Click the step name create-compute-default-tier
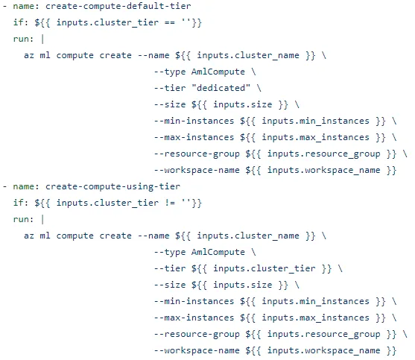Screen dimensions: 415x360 (118, 6)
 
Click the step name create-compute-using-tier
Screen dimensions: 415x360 (113, 186)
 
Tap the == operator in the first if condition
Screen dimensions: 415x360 (170, 23)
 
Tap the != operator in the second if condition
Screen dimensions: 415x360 (170, 203)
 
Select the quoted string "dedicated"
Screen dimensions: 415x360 (221, 88)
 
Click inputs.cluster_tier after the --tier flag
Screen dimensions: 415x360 (264, 268)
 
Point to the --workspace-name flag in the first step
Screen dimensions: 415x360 (197, 170)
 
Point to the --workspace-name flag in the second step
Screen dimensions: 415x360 (197, 350)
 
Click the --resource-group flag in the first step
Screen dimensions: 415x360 (197, 154)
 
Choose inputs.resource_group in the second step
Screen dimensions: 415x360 (323, 335)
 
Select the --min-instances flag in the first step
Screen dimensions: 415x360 (194, 121)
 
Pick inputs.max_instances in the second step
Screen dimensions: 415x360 (315, 318)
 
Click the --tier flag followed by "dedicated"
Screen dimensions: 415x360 (170, 88)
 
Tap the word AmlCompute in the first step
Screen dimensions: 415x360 (218, 72)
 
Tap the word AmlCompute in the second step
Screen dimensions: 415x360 (218, 252)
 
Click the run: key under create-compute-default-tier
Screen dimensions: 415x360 (24, 39)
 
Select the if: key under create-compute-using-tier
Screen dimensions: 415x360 (21, 203)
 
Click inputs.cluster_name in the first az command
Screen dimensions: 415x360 (248, 55)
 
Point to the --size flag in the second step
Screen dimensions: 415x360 (170, 285)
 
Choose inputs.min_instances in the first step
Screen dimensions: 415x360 (315, 121)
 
